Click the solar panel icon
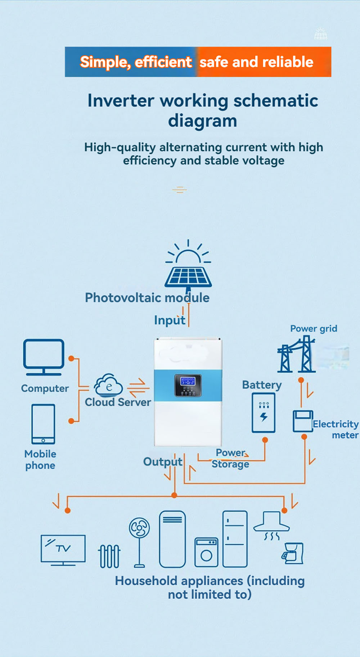click(188, 276)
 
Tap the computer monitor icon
click(44, 357)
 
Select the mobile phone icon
click(43, 424)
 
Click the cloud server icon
click(108, 385)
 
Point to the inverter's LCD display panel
click(188, 385)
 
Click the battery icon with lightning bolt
click(264, 413)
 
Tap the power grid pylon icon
click(296, 355)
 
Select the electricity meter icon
click(302, 421)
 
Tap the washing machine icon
click(206, 552)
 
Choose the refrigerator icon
click(235, 539)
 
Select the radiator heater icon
click(109, 556)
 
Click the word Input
click(170, 320)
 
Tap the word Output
click(163, 462)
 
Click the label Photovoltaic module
click(147, 298)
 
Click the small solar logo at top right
click(320, 34)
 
